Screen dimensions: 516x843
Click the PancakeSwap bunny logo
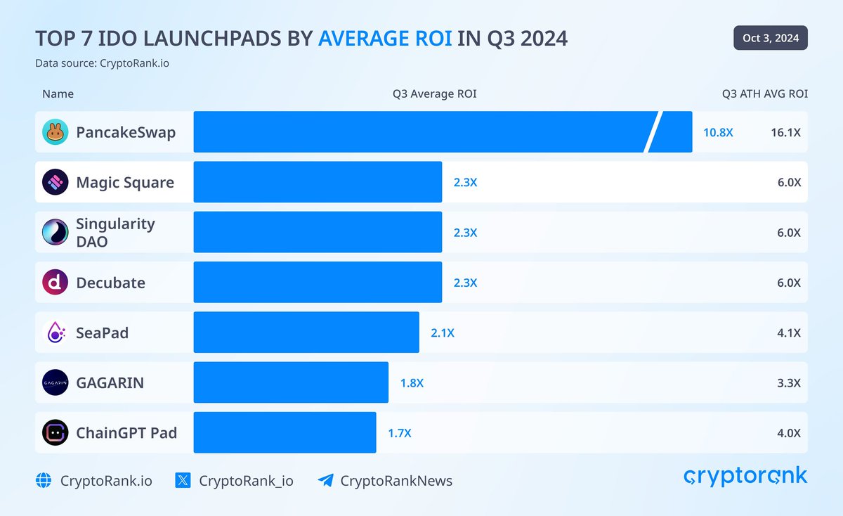click(55, 132)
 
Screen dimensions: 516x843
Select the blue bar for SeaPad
click(306, 333)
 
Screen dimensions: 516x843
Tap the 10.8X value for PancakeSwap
click(718, 132)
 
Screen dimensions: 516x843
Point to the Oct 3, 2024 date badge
click(770, 38)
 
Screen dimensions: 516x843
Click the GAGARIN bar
click(291, 382)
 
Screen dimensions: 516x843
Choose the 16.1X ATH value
click(785, 132)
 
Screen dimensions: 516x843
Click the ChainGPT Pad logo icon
click(55, 432)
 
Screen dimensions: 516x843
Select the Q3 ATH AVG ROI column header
click(764, 93)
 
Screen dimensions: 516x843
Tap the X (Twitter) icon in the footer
click(183, 481)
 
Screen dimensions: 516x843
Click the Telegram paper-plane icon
click(325, 481)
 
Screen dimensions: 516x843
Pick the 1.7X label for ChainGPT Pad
click(400, 433)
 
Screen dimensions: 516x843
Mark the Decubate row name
click(110, 283)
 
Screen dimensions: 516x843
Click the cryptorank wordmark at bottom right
click(745, 477)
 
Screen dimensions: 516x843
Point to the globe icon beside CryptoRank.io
click(44, 481)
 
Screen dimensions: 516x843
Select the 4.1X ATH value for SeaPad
click(788, 333)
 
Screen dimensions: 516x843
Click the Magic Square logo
click(55, 182)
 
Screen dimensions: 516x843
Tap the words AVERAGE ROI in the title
click(385, 39)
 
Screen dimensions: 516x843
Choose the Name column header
click(58, 93)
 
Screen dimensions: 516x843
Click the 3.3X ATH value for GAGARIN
click(788, 382)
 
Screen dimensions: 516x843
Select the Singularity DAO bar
click(318, 232)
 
